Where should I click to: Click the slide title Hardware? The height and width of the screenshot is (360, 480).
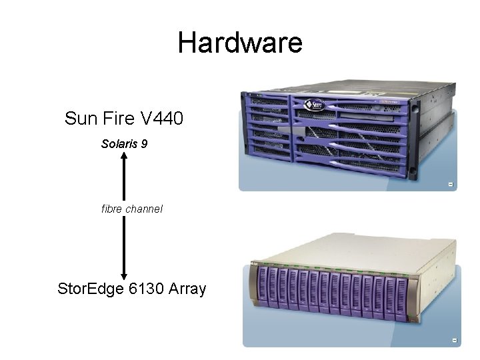(x=240, y=43)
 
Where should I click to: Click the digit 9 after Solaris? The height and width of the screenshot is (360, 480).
(x=144, y=143)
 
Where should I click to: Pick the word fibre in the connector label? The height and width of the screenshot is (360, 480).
(x=113, y=209)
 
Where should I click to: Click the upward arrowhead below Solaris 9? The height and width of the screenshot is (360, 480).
(x=124, y=156)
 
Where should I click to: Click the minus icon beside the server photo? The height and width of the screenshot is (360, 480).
(x=451, y=184)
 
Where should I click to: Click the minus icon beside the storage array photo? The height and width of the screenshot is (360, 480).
(x=454, y=341)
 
